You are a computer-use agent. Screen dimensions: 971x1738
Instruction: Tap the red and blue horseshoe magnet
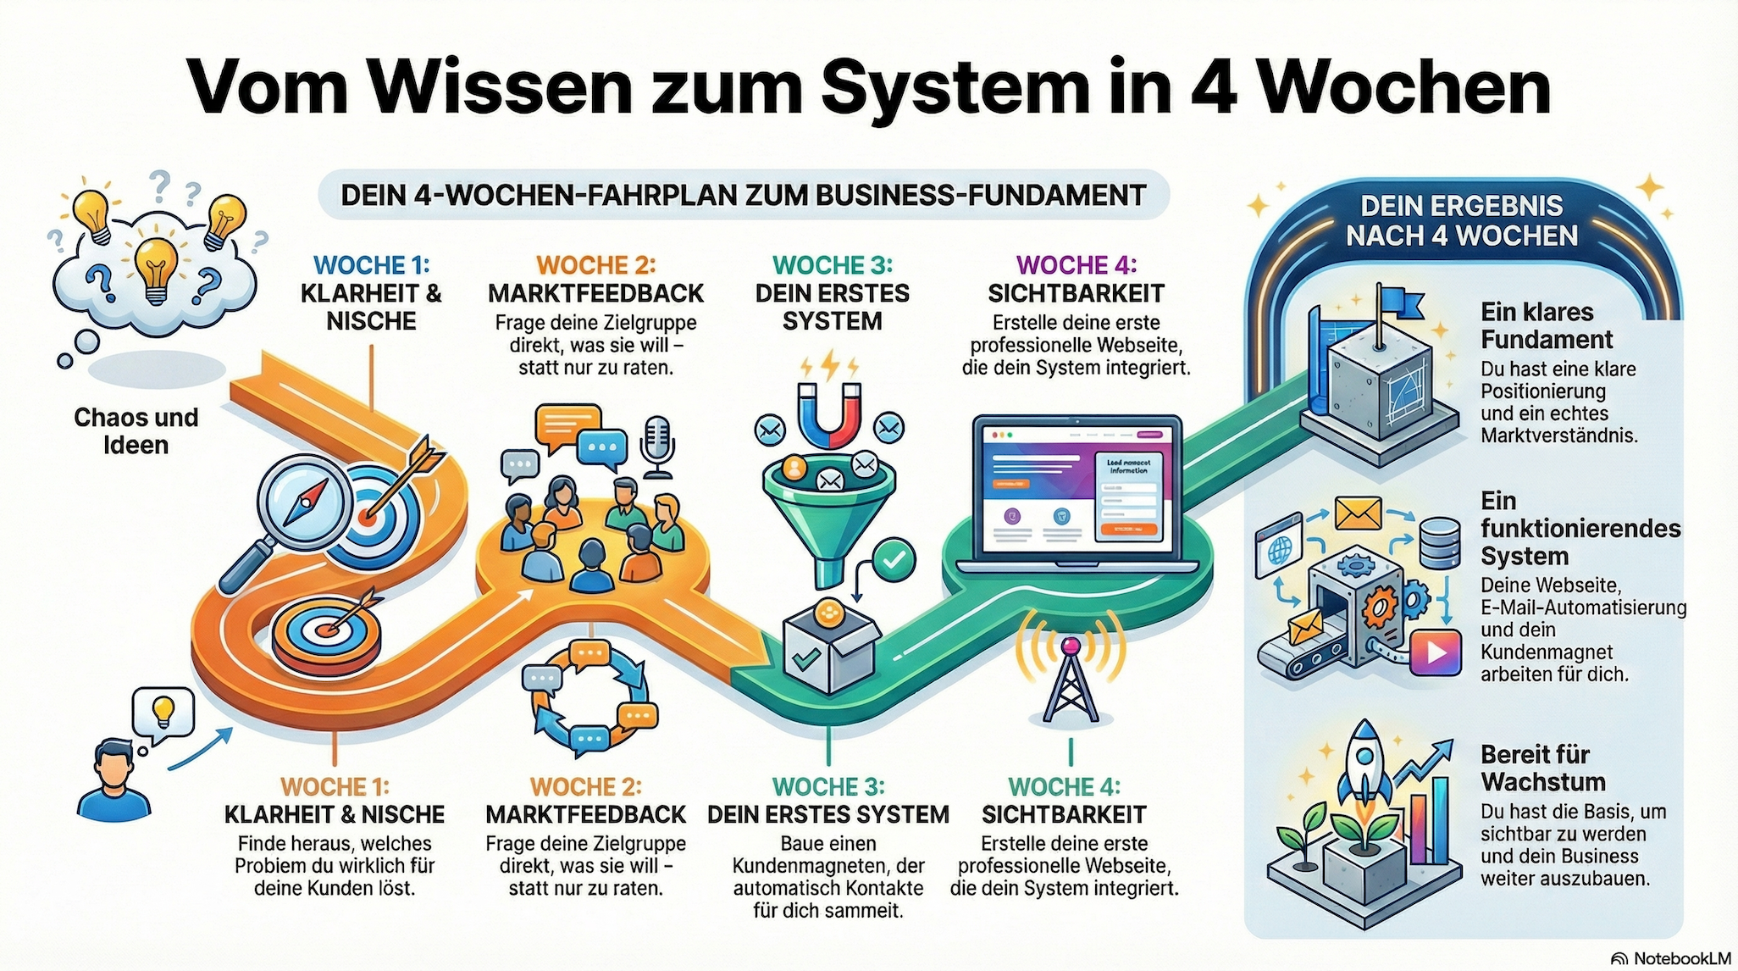pyautogui.click(x=829, y=414)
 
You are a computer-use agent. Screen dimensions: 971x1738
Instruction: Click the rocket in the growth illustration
pyautogui.click(x=1364, y=763)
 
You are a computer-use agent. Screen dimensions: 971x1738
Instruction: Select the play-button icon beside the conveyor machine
pyautogui.click(x=1436, y=652)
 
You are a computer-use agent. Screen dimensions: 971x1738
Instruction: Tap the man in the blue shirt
pyautogui.click(x=114, y=780)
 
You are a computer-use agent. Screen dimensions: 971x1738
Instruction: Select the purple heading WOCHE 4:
pyautogui.click(x=1076, y=265)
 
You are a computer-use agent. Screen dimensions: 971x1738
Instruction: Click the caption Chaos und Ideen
pyautogui.click(x=136, y=430)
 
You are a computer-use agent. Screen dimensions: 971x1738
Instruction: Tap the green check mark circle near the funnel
pyautogui.click(x=895, y=559)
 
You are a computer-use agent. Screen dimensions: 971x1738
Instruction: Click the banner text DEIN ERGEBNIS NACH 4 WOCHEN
pyautogui.click(x=1462, y=220)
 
